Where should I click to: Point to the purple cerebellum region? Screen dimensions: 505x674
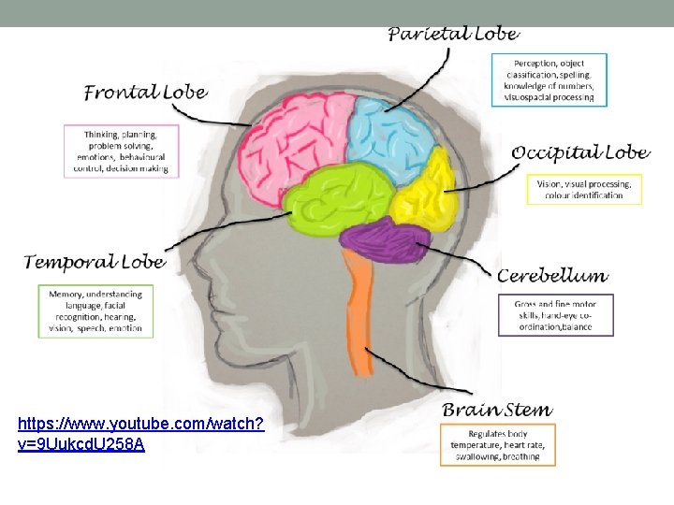pos(384,240)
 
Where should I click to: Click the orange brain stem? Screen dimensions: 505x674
pos(359,309)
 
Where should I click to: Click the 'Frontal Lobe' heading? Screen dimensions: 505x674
pos(145,92)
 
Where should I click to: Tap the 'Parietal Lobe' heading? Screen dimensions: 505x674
pos(453,34)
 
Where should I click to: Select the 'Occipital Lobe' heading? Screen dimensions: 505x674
pos(580,152)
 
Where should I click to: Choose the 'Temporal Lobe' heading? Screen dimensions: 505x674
pos(94,262)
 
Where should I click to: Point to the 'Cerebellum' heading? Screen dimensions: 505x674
pos(552,276)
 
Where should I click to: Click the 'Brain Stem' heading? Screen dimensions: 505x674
pos(496,410)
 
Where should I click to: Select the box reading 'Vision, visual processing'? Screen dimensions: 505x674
pos(585,190)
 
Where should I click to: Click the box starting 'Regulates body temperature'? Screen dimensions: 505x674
pos(497,445)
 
